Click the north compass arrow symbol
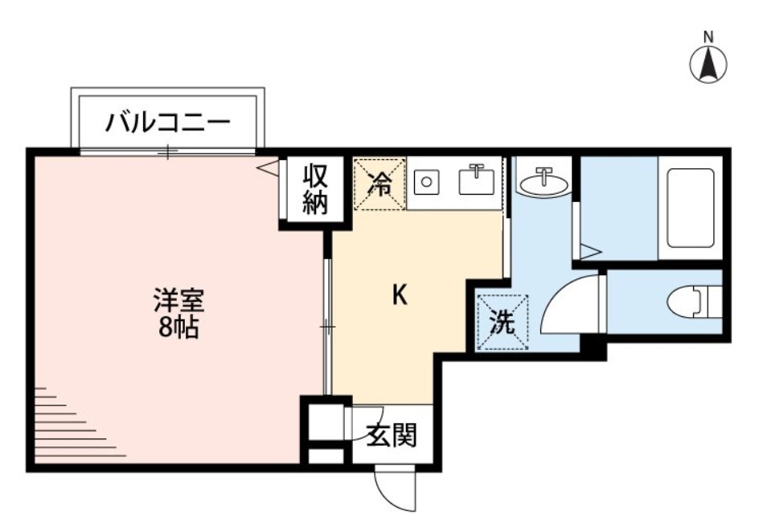[708, 64]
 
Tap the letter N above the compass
[708, 36]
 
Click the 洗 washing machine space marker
[502, 322]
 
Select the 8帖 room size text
[178, 328]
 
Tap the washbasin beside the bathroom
[544, 183]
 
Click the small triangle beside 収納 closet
[270, 168]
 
